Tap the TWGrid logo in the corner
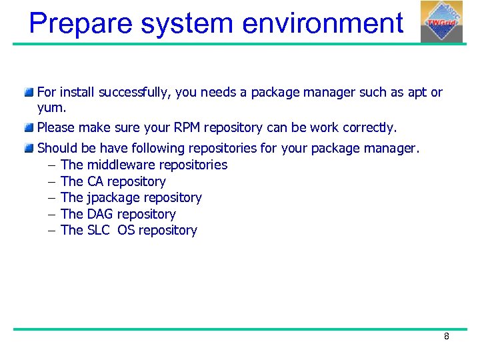pyautogui.click(x=441, y=21)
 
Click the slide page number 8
pyautogui.click(x=447, y=337)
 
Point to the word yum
pyautogui.click(x=51, y=107)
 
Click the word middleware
pyautogui.click(x=120, y=165)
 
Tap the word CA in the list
pyautogui.click(x=95, y=181)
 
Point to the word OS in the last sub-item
pyautogui.click(x=126, y=231)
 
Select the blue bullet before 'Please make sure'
pyautogui.click(x=29, y=127)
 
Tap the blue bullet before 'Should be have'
pyautogui.click(x=29, y=147)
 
